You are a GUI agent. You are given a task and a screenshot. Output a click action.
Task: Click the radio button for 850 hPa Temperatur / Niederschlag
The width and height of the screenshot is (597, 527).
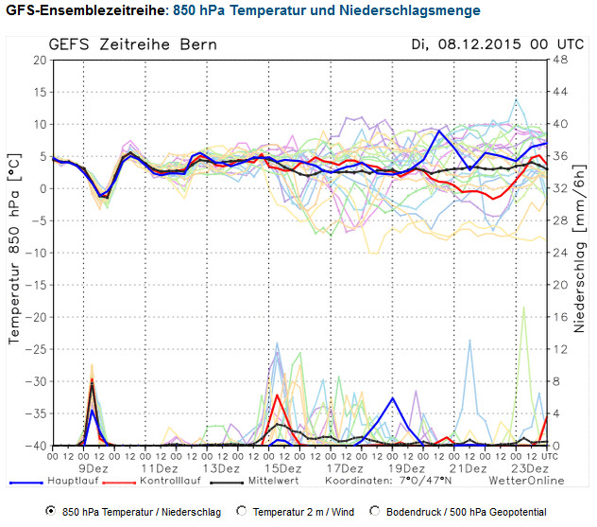[50, 511]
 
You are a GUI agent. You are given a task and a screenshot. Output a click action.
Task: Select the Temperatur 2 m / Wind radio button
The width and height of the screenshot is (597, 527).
[242, 511]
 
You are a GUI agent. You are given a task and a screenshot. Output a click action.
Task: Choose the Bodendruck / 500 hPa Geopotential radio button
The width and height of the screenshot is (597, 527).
[376, 511]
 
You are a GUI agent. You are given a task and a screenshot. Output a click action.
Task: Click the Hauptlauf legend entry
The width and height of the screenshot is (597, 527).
[72, 481]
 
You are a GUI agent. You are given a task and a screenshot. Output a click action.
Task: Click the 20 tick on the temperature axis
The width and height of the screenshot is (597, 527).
[39, 60]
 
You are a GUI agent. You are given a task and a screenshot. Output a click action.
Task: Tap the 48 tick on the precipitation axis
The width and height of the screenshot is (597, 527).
[559, 60]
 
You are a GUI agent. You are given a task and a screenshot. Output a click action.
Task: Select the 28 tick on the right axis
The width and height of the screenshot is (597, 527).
[559, 220]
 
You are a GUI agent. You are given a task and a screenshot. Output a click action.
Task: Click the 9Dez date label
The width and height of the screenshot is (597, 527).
[93, 468]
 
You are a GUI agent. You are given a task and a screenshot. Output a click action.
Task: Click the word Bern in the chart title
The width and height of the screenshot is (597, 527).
[196, 44]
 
